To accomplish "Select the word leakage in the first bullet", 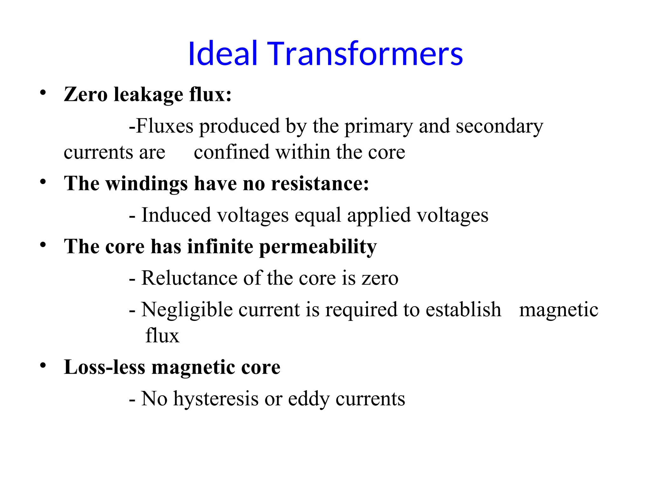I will pos(148,95).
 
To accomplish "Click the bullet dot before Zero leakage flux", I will pos(43,93).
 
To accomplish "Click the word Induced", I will pos(176,215).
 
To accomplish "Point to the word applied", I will pos(379,216).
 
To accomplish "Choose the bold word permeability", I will pos(318,247).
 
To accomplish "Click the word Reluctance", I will pos(189,278).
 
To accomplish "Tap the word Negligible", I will pos(187,310).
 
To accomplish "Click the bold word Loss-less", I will pos(105,367).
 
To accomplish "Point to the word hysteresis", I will pos(216,399).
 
